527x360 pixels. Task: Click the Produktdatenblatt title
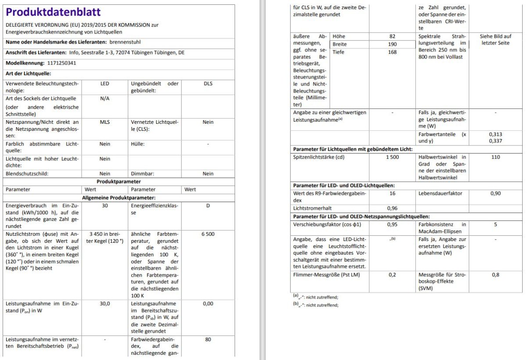[53, 12]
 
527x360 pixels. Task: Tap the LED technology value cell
[105, 83]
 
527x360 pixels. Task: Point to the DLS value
[208, 83]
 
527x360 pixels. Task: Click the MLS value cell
[105, 122]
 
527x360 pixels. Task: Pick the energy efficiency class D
[208, 205]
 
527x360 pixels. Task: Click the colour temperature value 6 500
[208, 234]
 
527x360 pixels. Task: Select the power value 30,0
[105, 303]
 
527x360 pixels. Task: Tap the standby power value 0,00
[208, 303]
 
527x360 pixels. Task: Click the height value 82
[392, 36]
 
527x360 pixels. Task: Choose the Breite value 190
[392, 44]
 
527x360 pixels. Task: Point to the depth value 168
[392, 52]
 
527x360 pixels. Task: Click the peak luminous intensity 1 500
[392, 157]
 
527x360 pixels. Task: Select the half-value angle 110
[495, 157]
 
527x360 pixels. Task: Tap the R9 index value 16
[392, 193]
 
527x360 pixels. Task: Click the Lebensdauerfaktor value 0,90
[495, 193]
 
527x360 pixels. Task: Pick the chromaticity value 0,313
[495, 134]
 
